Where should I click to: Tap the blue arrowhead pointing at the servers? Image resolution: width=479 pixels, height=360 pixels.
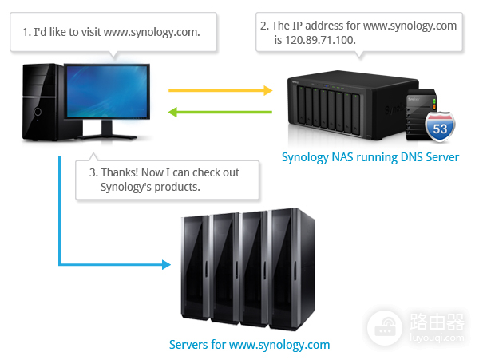(166, 263)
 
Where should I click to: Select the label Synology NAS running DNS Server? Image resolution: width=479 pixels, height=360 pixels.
(370, 156)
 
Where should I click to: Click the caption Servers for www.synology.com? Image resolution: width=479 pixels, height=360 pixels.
(249, 345)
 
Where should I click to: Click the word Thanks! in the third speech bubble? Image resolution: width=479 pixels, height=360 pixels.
(118, 172)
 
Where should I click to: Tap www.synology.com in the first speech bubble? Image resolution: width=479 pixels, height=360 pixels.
(150, 32)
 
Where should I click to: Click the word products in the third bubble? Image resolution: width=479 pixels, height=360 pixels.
(178, 187)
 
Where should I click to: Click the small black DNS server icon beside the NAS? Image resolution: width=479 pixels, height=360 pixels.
(418, 113)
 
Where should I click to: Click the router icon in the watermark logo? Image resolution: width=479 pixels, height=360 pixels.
(386, 327)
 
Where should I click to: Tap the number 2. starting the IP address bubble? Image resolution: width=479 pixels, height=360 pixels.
(265, 26)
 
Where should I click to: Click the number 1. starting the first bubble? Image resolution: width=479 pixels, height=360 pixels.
(27, 32)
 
